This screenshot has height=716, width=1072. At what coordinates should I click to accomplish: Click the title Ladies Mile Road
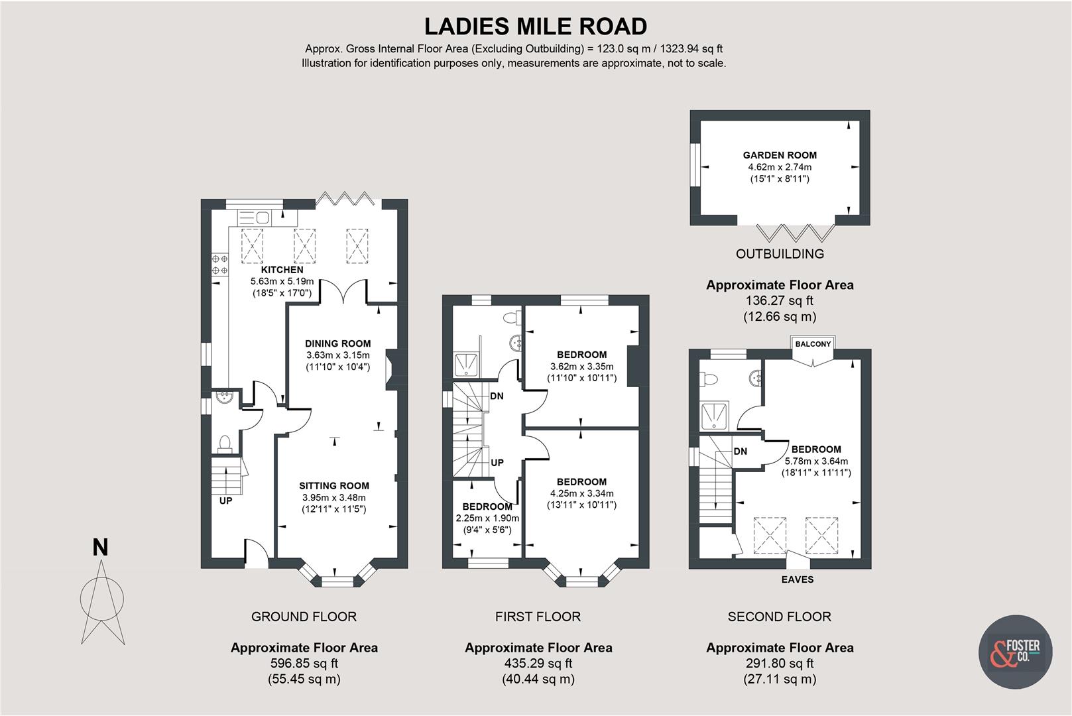(x=536, y=27)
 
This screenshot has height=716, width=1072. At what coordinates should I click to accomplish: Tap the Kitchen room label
(x=282, y=270)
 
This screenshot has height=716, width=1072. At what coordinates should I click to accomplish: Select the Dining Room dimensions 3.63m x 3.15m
(x=337, y=355)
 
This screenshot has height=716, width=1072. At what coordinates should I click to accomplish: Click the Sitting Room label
(x=333, y=485)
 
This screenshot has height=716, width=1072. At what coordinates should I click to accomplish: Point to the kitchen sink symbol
(x=253, y=217)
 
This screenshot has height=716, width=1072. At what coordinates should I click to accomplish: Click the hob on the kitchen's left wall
(x=219, y=265)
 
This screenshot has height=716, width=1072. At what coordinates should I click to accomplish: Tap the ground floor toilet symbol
(x=225, y=442)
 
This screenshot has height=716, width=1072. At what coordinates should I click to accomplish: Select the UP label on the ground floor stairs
(x=225, y=501)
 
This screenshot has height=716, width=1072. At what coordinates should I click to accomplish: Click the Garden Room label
(x=780, y=155)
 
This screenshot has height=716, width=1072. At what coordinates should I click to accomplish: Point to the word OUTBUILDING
(x=780, y=254)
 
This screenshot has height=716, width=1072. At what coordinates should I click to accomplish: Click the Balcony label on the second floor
(x=813, y=344)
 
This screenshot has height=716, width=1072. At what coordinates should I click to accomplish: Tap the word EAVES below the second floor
(x=797, y=579)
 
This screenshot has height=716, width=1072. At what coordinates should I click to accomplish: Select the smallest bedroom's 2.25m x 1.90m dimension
(x=487, y=518)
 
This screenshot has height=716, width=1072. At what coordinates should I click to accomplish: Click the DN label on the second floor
(x=741, y=451)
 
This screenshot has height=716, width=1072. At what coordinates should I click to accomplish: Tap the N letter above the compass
(x=100, y=548)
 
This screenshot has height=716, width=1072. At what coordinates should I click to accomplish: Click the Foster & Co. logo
(x=1015, y=652)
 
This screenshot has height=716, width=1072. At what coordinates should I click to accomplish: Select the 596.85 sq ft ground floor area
(x=304, y=663)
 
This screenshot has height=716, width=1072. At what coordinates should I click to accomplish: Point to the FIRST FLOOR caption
(x=538, y=617)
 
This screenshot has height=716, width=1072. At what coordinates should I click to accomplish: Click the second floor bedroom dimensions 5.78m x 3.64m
(x=816, y=461)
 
